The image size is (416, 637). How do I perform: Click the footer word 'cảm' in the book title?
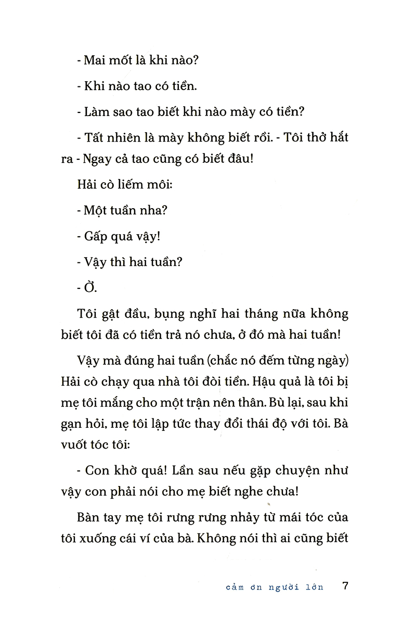coord(237,587)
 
